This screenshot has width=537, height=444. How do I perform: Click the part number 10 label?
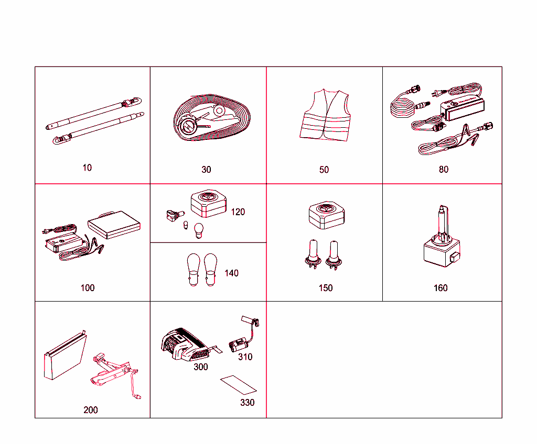[x=87, y=168]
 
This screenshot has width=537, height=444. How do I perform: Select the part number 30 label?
[x=207, y=170]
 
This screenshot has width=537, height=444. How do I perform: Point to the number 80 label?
[x=444, y=170]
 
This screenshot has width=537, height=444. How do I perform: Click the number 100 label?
[x=88, y=287]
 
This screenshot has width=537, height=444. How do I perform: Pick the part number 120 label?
[x=238, y=212]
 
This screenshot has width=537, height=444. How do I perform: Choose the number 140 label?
[x=231, y=273]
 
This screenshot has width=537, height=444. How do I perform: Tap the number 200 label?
[x=91, y=410]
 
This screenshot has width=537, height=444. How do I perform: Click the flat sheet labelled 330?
[x=239, y=385]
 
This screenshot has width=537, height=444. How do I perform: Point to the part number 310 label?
[x=245, y=357]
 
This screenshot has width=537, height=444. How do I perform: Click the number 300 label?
[x=201, y=367]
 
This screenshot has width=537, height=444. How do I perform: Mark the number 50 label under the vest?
[x=324, y=170]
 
